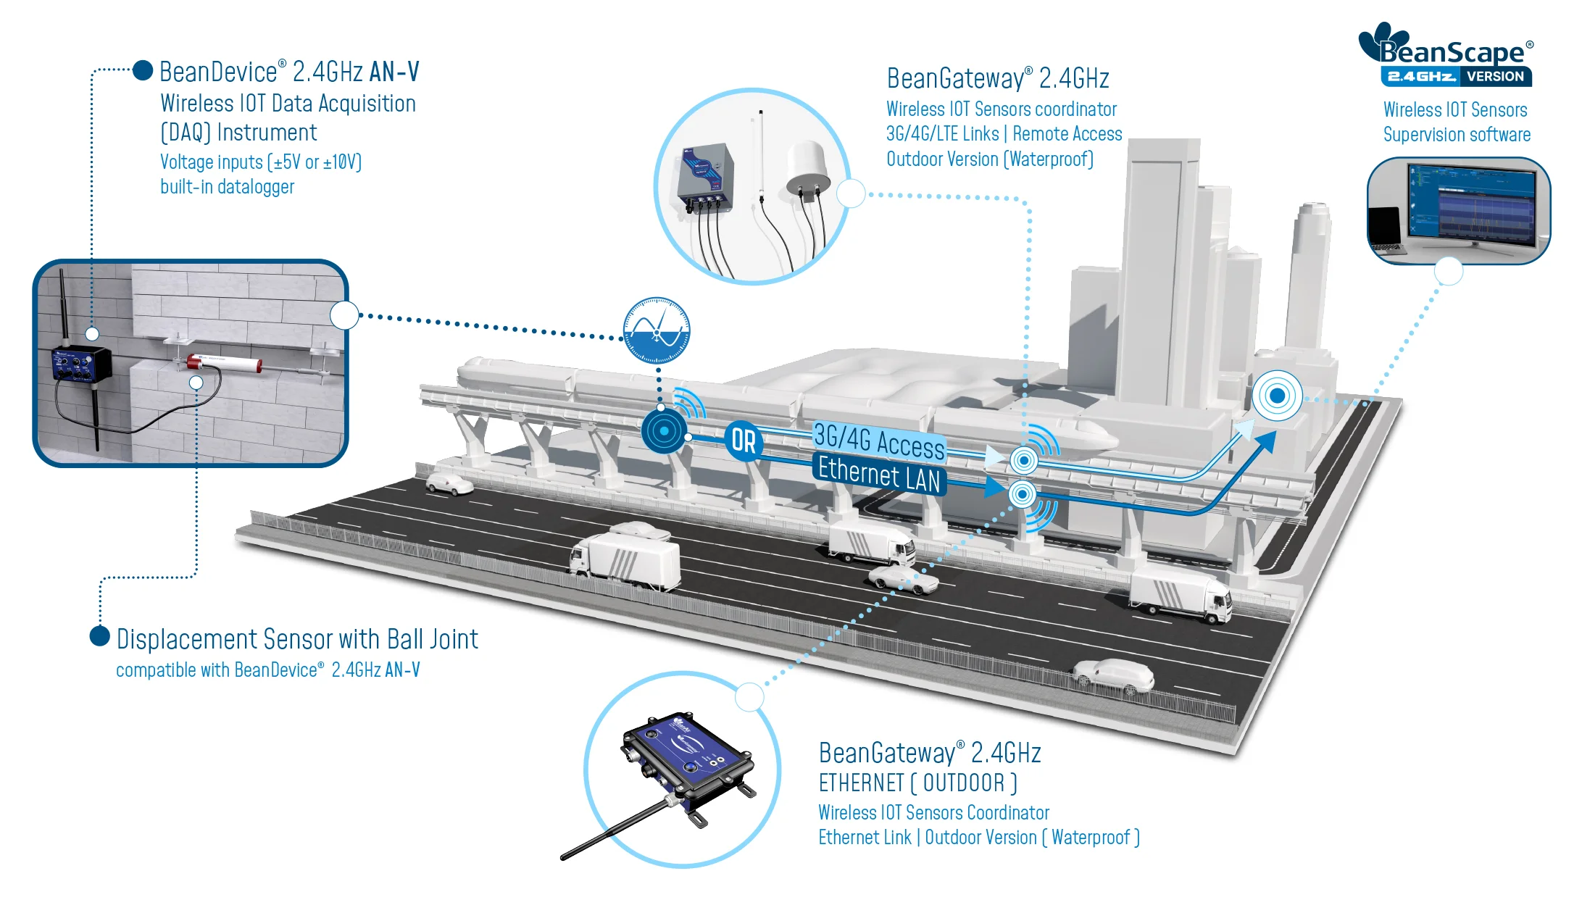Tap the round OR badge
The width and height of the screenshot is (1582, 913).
(743, 441)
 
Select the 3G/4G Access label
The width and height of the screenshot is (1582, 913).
(878, 441)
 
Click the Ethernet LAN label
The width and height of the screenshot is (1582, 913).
(878, 475)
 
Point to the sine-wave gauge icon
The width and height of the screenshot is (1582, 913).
(657, 330)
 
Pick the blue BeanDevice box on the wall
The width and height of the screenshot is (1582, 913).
(80, 364)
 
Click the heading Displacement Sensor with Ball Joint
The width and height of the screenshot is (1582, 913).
(297, 639)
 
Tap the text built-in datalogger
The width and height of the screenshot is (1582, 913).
(227, 187)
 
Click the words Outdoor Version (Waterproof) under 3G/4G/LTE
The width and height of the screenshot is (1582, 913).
(990, 159)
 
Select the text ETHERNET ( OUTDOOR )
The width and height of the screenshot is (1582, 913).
(918, 783)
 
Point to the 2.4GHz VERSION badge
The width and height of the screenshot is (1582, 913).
(1456, 76)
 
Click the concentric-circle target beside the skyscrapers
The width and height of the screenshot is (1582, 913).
(1277, 396)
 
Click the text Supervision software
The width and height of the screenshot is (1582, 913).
(1457, 135)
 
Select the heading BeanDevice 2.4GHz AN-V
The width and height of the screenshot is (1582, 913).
(289, 72)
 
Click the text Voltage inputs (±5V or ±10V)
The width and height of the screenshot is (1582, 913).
(261, 162)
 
